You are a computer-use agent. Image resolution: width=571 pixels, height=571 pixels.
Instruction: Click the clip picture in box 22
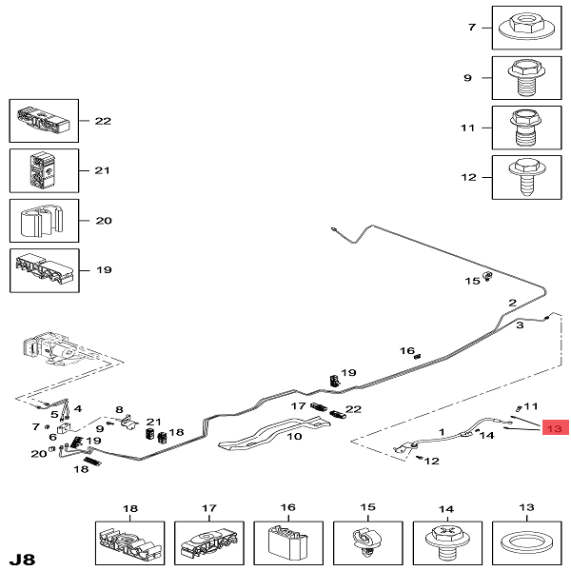[x=45, y=121]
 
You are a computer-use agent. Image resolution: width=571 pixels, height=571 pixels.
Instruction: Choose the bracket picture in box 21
[x=45, y=170]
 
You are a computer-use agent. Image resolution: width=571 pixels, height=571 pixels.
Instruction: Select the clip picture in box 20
[x=45, y=221]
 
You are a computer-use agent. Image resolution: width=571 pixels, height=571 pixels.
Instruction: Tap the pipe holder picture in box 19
[x=45, y=270]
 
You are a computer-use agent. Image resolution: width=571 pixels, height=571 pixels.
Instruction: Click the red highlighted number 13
[x=555, y=429]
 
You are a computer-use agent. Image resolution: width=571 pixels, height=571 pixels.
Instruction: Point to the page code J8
[x=22, y=556]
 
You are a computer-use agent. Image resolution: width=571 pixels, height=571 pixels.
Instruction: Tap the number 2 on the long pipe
[x=512, y=304]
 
